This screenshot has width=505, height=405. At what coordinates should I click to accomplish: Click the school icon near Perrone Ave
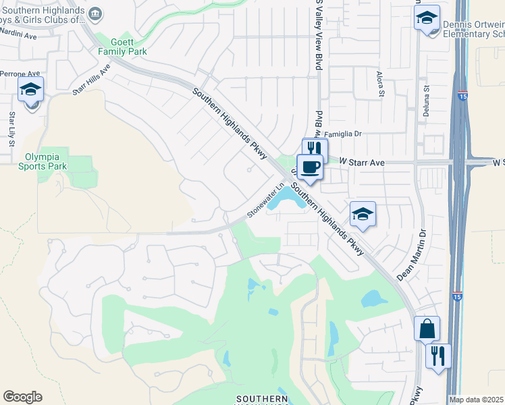pyautogui.click(x=30, y=90)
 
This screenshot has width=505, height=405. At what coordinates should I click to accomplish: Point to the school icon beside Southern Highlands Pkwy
pyautogui.click(x=363, y=215)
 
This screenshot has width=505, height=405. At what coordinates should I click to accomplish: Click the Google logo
pyautogui.click(x=22, y=397)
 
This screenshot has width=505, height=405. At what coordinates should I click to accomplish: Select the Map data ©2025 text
pyautogui.click(x=477, y=400)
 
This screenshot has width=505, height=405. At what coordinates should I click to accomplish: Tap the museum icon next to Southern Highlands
pyautogui.click(x=96, y=13)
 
